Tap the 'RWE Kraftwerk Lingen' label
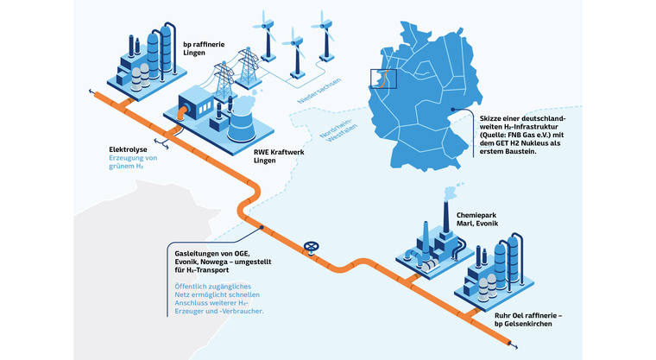pos(275,156)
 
